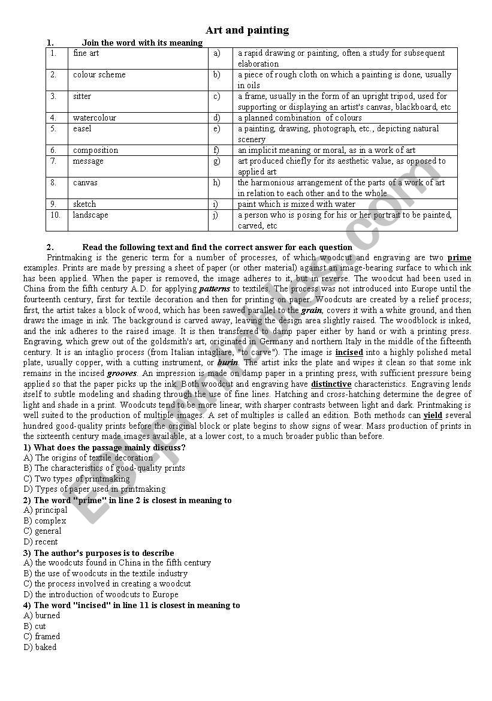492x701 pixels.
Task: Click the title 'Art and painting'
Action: [x=247, y=30]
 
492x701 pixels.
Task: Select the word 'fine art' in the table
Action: [x=86, y=53]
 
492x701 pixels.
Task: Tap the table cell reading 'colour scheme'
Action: [x=99, y=75]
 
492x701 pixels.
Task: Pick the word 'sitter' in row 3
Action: [x=82, y=97]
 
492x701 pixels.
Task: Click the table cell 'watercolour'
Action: [x=95, y=118]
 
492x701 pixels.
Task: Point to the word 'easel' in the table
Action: [x=82, y=129]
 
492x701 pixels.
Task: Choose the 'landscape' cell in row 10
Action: [x=90, y=215]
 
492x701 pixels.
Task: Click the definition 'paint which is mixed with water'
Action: [x=297, y=204]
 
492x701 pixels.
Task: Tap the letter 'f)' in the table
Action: [x=216, y=151]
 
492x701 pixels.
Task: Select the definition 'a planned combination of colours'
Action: [x=300, y=118]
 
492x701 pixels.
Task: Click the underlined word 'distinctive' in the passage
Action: [x=331, y=384]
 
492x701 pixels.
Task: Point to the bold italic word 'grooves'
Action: [x=122, y=373]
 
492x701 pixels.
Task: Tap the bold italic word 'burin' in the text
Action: [x=228, y=363]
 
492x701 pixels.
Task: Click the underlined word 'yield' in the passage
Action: [x=433, y=415]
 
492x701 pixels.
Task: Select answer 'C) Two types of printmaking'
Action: [x=76, y=479]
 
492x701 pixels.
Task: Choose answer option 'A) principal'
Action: [x=46, y=510]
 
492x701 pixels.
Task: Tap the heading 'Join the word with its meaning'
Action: [x=142, y=43]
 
